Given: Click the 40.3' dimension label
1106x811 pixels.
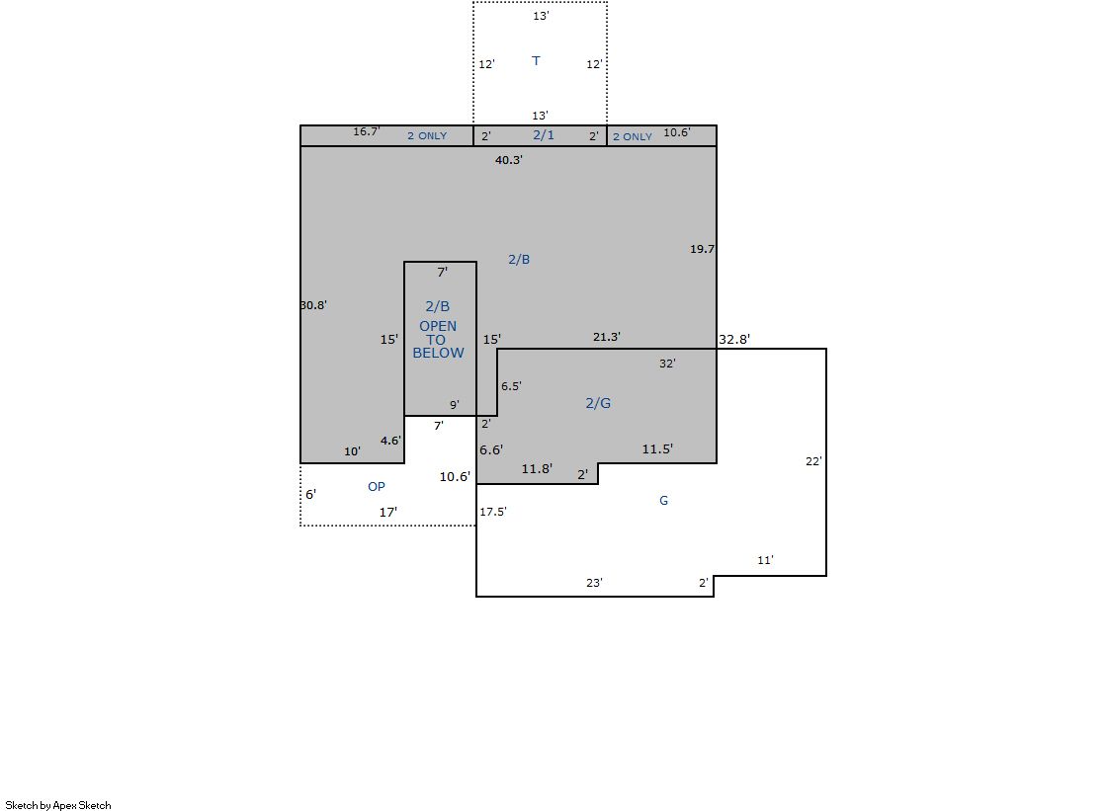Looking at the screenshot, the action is click(x=509, y=160).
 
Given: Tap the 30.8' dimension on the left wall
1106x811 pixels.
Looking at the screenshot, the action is click(x=313, y=305).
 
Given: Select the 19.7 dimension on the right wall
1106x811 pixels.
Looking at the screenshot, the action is click(x=702, y=249).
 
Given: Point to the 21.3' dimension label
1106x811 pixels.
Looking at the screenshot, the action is click(x=607, y=337).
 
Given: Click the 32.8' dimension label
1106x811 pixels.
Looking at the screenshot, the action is click(x=734, y=339).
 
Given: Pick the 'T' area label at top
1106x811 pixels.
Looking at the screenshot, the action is click(x=536, y=60).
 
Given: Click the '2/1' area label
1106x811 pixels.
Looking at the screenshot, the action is click(x=544, y=134).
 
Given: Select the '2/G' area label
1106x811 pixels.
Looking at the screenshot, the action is click(x=598, y=403).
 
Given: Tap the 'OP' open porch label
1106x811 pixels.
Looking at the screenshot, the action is click(x=376, y=487).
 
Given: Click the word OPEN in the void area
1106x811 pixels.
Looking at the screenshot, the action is click(x=438, y=327).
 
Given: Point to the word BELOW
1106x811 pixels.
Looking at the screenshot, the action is click(x=438, y=354).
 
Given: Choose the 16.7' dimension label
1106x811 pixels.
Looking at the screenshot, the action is click(x=367, y=132).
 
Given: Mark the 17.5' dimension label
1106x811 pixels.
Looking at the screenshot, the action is click(x=493, y=512).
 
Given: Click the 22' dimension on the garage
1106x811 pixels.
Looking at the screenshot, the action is click(x=813, y=461).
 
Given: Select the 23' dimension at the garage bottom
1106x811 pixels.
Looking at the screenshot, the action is click(x=594, y=583).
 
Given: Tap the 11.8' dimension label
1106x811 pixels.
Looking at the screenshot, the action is click(x=537, y=469).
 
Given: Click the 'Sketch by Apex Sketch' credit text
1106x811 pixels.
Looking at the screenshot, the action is click(x=58, y=805).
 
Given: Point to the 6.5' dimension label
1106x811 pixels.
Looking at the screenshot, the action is click(x=511, y=386).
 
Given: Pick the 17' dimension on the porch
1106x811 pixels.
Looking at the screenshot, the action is click(x=388, y=513).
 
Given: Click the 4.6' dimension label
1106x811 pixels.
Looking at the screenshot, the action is click(x=390, y=441).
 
